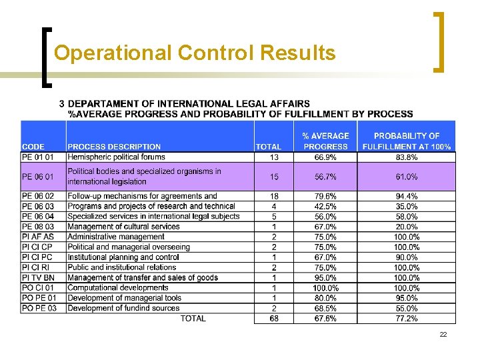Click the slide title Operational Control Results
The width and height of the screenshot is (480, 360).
(195, 53)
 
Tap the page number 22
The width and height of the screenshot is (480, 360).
(443, 334)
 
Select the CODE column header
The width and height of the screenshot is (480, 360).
(34, 147)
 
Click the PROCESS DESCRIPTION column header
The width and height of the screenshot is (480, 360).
(114, 147)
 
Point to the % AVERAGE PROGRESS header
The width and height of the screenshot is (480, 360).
(325, 141)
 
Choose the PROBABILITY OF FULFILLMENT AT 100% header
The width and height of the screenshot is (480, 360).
(407, 141)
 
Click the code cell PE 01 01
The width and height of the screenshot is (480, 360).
(39, 157)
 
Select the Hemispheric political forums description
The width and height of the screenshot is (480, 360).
(116, 157)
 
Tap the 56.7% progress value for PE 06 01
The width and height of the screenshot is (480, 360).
(325, 177)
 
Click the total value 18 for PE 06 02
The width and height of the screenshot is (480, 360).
(274, 196)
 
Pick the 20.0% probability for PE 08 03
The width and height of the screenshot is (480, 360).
(407, 227)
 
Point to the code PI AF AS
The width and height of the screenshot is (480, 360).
(38, 237)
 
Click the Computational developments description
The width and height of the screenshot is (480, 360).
(118, 288)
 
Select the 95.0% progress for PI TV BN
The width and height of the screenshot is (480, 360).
(325, 278)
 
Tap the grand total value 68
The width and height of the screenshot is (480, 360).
(274, 319)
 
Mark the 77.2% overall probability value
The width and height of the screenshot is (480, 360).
(407, 319)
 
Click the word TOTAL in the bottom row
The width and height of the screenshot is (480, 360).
(193, 319)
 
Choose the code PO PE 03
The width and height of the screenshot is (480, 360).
(39, 308)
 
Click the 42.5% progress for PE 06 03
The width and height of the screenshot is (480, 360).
(325, 207)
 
